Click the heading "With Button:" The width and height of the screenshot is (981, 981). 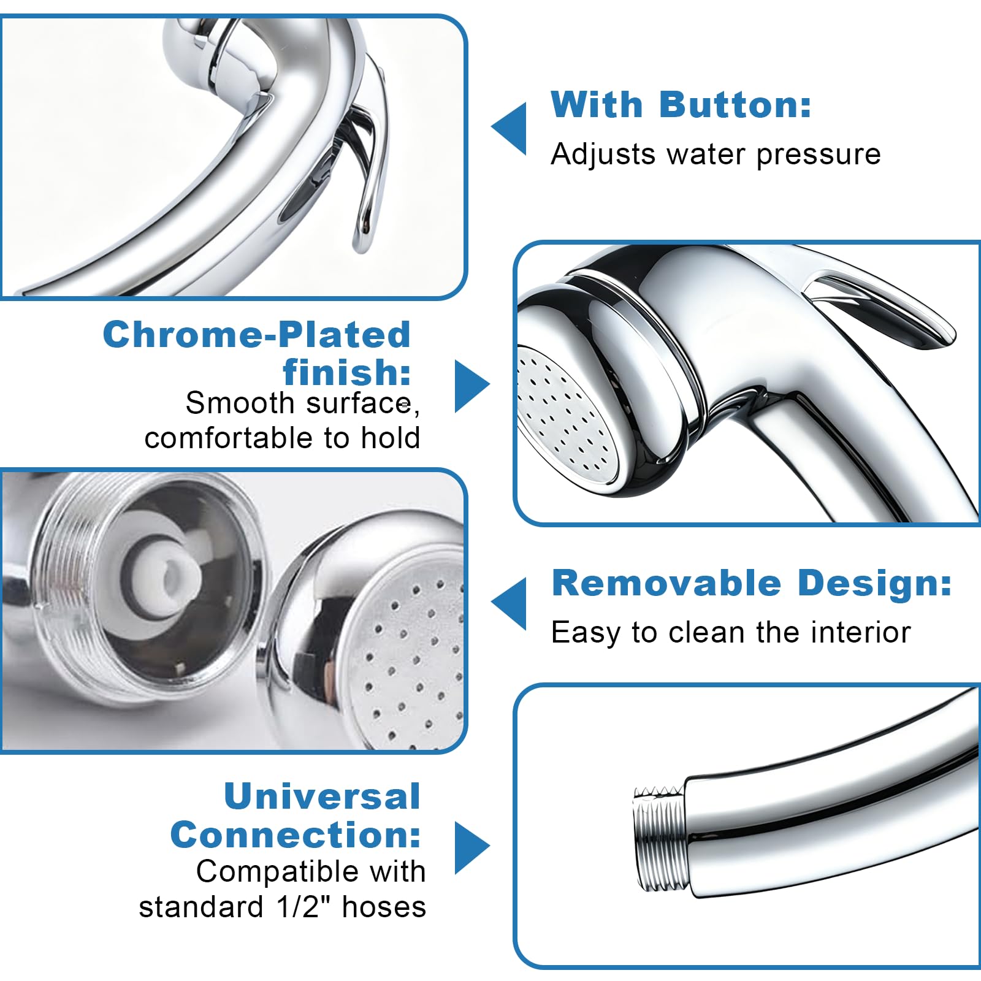click(681, 105)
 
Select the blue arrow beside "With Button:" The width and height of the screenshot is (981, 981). click(509, 128)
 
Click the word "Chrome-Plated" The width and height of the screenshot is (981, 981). click(256, 335)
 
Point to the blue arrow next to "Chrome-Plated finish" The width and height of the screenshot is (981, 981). click(472, 386)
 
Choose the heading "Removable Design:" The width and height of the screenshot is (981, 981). click(752, 583)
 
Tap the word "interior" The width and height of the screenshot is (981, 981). click(861, 632)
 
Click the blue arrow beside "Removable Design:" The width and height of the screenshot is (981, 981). click(509, 604)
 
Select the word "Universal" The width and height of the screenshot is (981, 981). click(323, 796)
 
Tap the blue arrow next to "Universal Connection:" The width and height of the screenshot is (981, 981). click(472, 847)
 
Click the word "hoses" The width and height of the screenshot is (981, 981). click(384, 906)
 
